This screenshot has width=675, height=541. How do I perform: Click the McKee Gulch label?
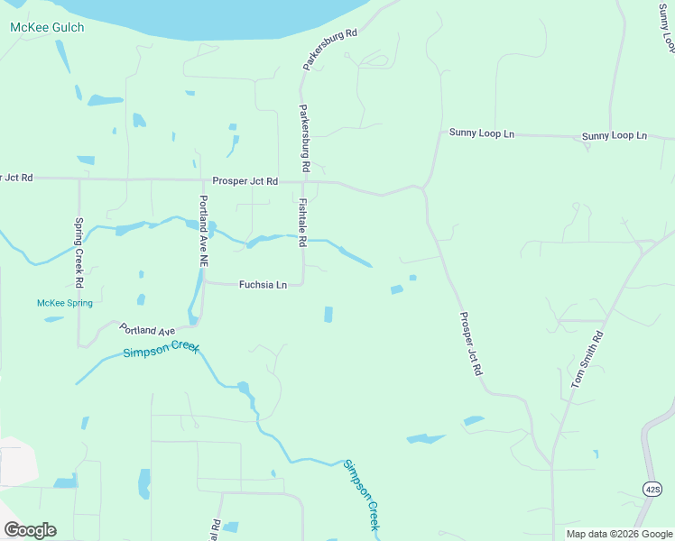47,28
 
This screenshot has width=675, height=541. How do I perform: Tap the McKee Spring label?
65,303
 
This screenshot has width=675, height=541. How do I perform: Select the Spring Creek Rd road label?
79,253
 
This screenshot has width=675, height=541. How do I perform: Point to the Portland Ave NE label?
204,230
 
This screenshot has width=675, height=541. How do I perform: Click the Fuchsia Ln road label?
263,285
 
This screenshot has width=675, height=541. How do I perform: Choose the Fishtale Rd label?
303,224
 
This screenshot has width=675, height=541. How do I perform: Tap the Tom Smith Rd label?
586,360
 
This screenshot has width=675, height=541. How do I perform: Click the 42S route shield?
653,489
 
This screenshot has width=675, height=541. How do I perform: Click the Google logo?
30,530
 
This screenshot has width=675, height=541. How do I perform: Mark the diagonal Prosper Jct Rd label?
471,344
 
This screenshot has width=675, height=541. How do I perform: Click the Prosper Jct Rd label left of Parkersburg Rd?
245,181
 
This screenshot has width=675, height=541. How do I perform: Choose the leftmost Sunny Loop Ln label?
481,133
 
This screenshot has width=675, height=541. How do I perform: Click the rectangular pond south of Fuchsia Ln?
328,314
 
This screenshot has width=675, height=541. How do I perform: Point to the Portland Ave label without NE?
147,330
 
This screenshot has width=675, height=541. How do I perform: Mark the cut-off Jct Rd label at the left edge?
17,178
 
